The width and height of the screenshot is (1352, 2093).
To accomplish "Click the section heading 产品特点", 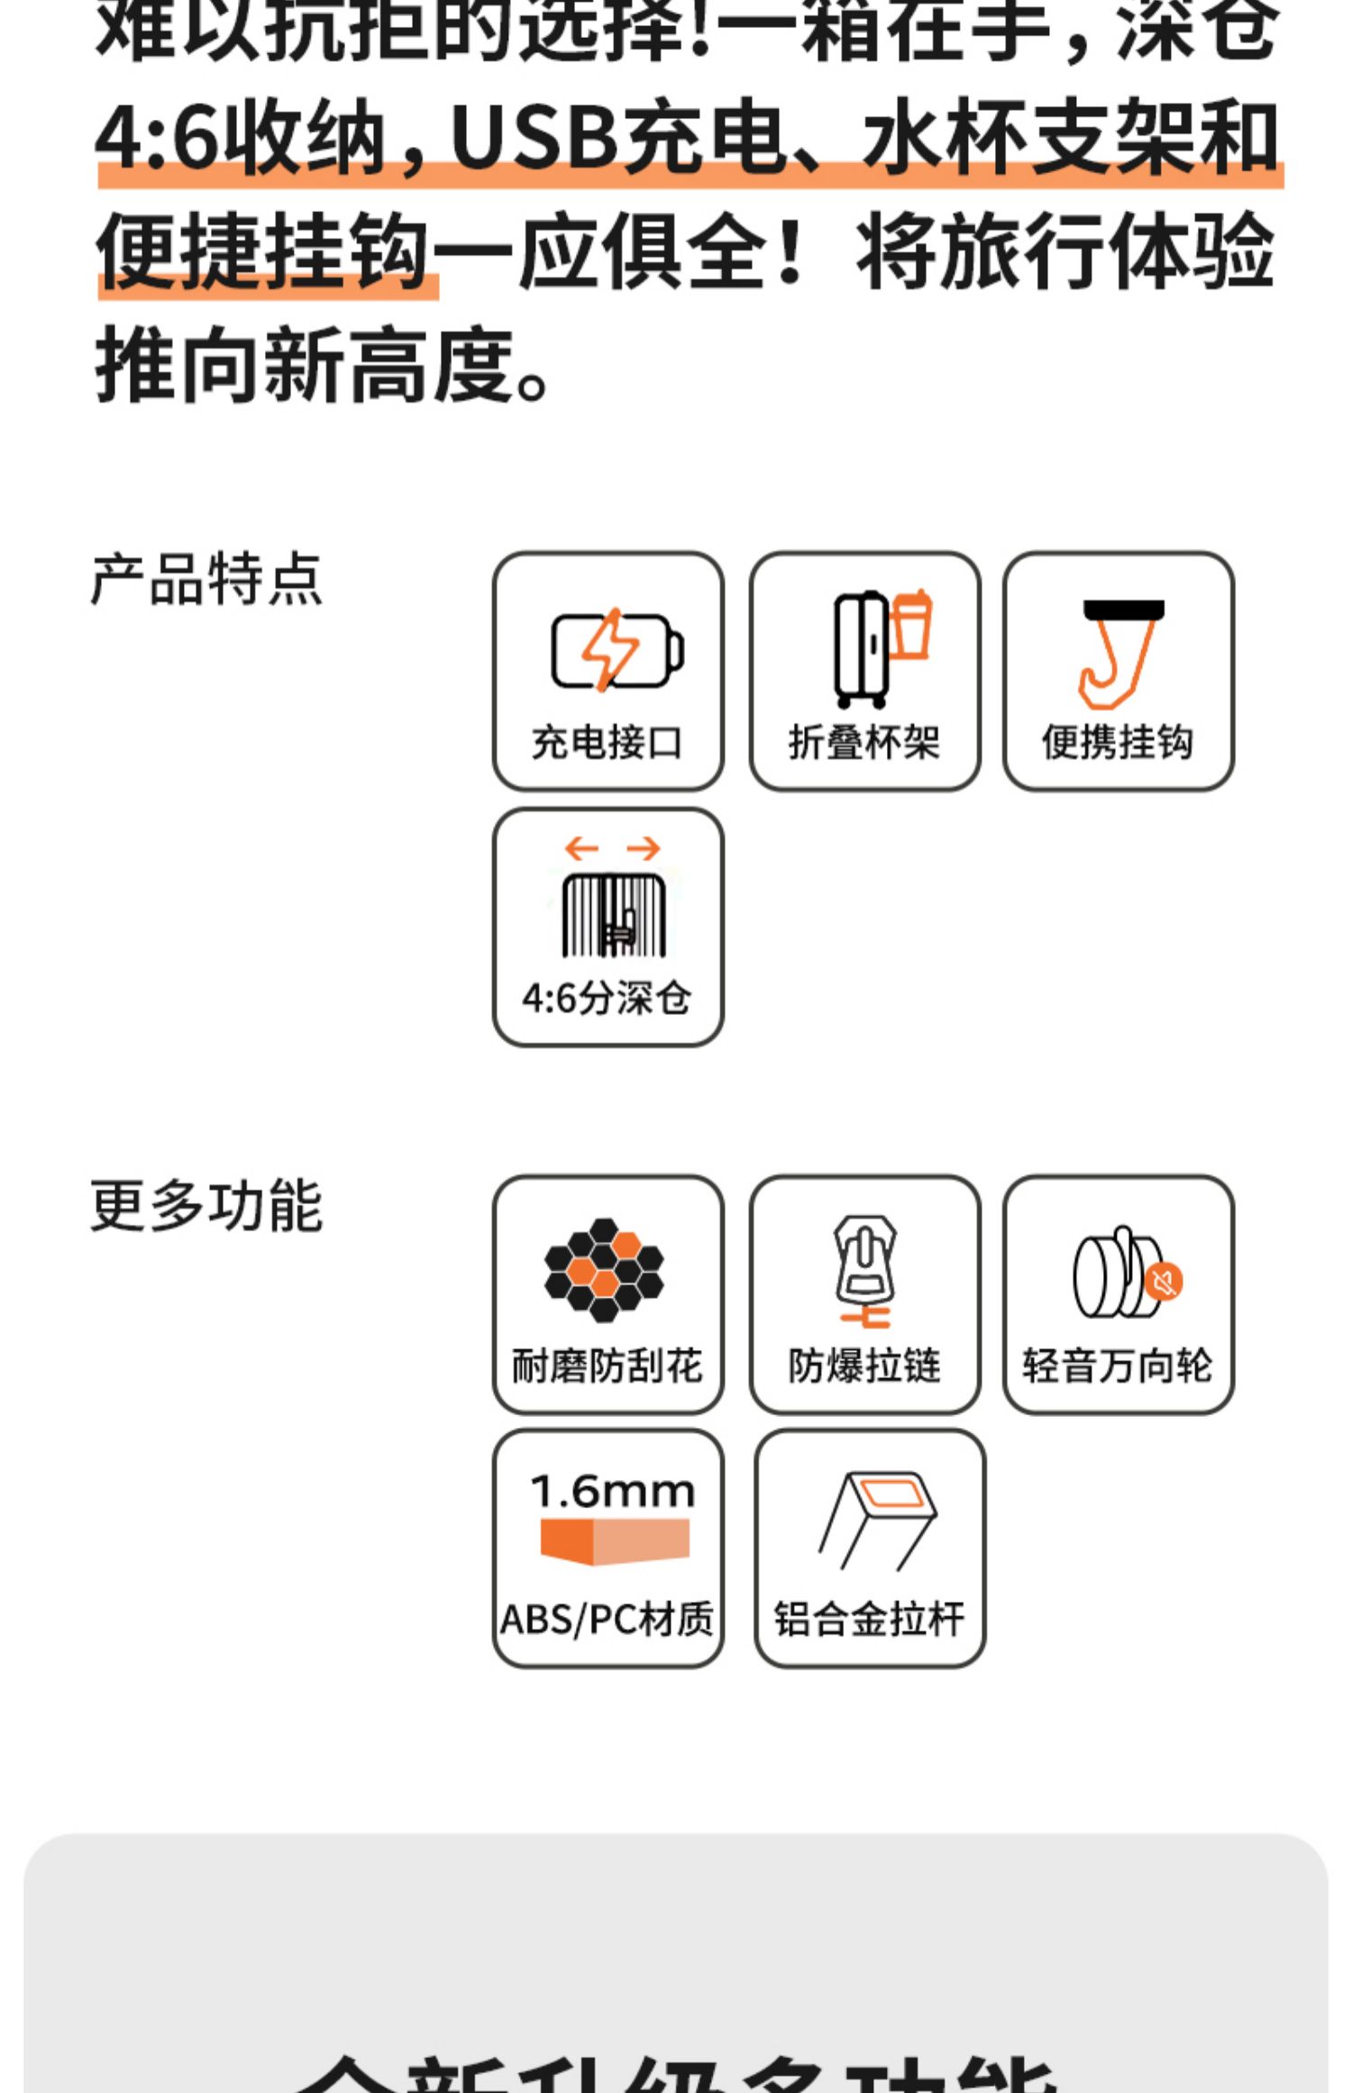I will pyautogui.click(x=206, y=579).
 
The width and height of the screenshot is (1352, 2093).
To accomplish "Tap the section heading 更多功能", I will pyautogui.click(x=206, y=1205).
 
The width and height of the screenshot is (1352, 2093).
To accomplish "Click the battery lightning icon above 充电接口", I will pyautogui.click(x=617, y=649).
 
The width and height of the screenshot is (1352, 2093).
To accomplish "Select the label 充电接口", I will pyautogui.click(x=607, y=743).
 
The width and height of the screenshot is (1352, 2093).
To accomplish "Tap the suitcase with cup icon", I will pyautogui.click(x=880, y=647).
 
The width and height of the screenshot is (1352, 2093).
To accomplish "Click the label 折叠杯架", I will pyautogui.click(x=863, y=743).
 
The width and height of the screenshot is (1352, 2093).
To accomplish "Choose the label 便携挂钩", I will pyautogui.click(x=1118, y=743).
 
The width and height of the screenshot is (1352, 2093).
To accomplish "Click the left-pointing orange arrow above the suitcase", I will pyautogui.click(x=581, y=848).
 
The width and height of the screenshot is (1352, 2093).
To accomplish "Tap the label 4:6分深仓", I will pyautogui.click(x=607, y=998).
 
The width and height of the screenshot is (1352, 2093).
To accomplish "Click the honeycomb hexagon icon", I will pyautogui.click(x=604, y=1270).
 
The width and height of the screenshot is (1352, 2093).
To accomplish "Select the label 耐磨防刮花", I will pyautogui.click(x=607, y=1366).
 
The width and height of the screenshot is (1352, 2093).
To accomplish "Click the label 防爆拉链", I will pyautogui.click(x=863, y=1366).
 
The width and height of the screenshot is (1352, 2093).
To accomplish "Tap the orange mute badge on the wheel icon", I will pyautogui.click(x=1165, y=1281).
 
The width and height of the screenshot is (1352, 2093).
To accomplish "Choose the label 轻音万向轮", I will pyautogui.click(x=1118, y=1366).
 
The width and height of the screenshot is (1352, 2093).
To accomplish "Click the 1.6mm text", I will pyautogui.click(x=613, y=1492).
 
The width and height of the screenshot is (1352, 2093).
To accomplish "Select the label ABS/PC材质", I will pyautogui.click(x=607, y=1619).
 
